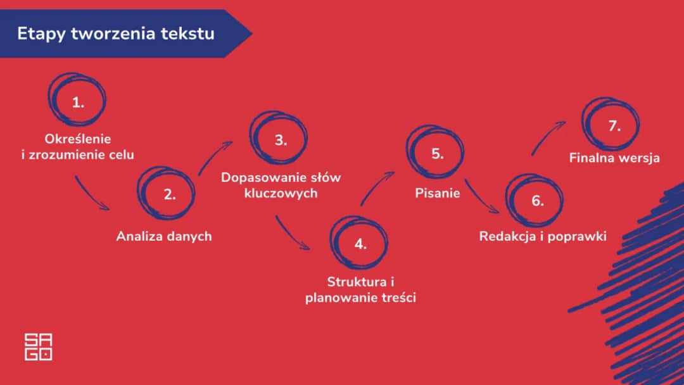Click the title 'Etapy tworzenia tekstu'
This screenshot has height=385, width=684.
tap(115, 34)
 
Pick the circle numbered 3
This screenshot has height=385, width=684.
tap(280, 140)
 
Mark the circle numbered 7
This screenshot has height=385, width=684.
tap(612, 125)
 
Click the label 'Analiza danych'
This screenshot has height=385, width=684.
tap(163, 236)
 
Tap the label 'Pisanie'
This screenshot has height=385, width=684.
tap(437, 193)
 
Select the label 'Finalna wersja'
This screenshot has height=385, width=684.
tap(614, 158)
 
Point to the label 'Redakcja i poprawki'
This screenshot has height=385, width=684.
tap(543, 236)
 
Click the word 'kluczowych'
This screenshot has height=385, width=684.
tap(281, 193)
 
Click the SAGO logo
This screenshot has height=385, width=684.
tap(38, 346)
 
